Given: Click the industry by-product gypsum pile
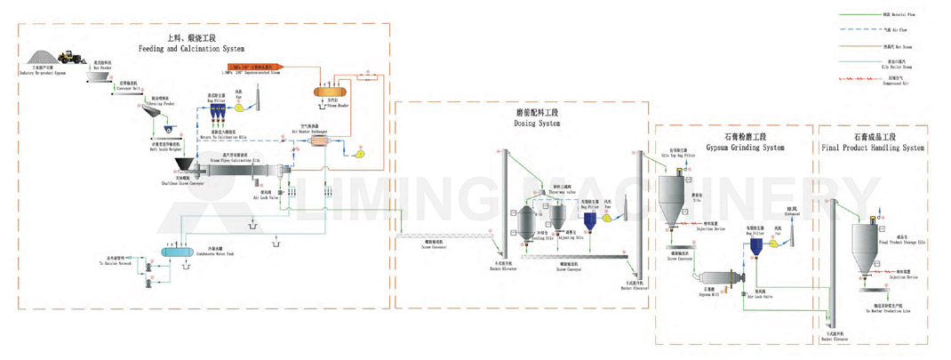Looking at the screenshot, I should pyautogui.click(x=44, y=58).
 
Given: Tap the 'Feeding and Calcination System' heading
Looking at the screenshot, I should pyautogui.click(x=191, y=47).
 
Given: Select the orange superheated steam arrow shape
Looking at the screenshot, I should pyautogui.click(x=253, y=67).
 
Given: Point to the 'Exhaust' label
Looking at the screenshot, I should pyautogui.click(x=794, y=215).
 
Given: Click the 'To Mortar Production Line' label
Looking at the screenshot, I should pyautogui.click(x=889, y=311).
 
